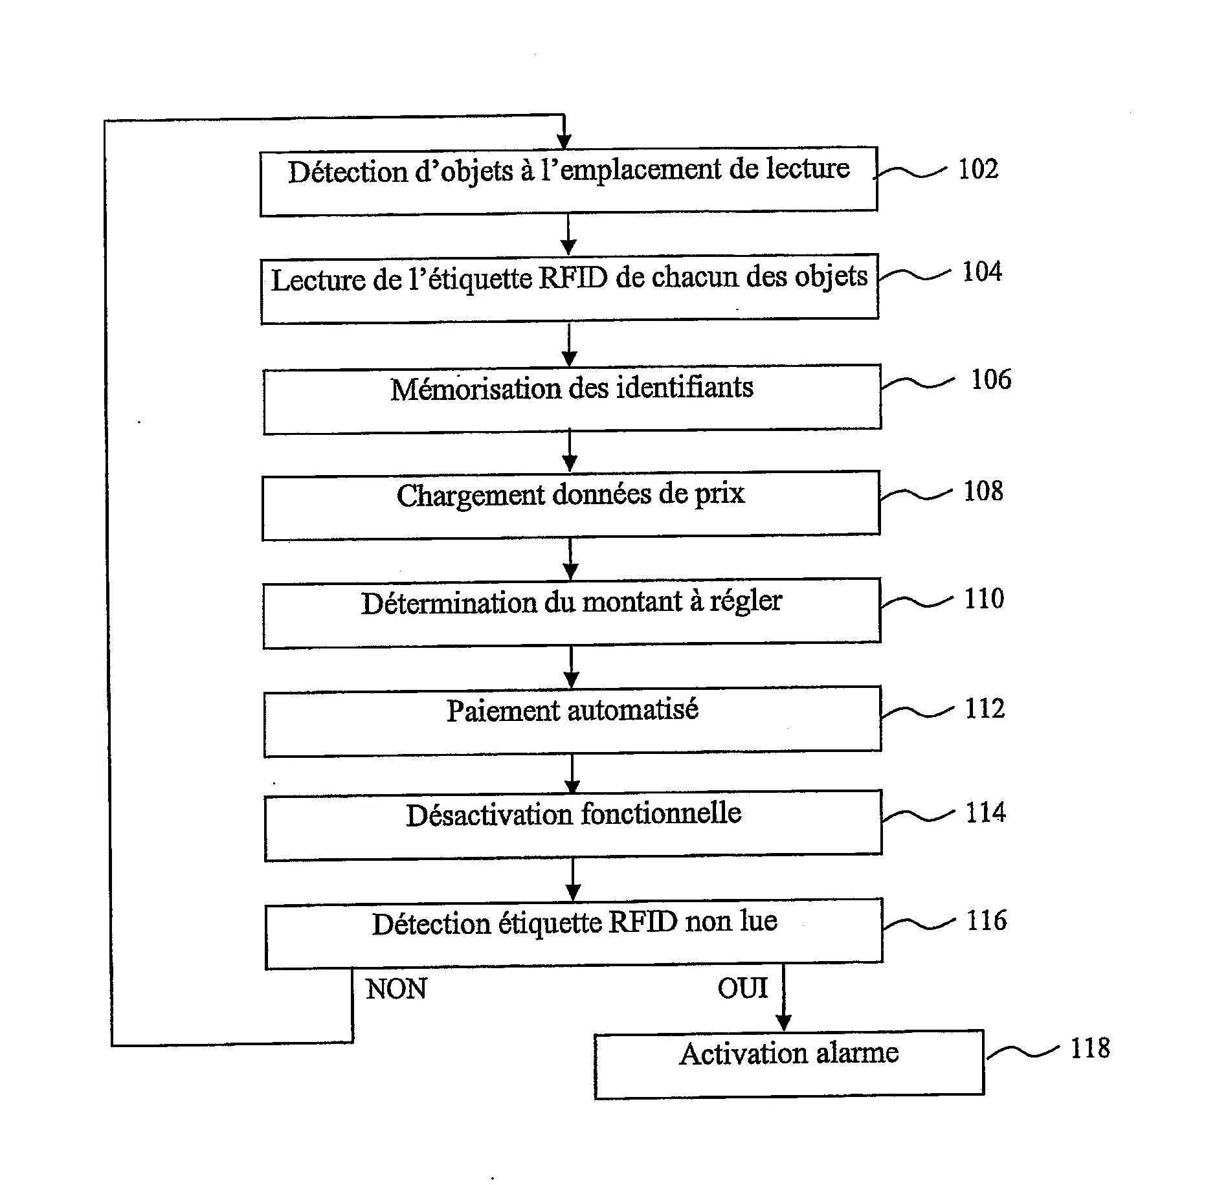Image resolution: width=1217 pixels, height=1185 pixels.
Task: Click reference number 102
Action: [x=977, y=169]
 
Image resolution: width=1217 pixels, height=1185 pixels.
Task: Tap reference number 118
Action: [x=1089, y=1048]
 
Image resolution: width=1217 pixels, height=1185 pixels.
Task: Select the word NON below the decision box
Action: [x=396, y=990]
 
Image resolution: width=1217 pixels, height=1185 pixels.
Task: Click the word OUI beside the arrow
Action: [x=742, y=988]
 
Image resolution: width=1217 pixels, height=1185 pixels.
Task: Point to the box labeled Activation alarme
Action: [x=788, y=1064]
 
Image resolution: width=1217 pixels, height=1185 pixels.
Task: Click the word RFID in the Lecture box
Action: [x=573, y=278]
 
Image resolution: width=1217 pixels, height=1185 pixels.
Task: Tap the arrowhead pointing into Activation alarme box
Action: [x=783, y=1023]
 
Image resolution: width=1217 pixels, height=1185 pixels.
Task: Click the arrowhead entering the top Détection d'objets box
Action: [x=564, y=142]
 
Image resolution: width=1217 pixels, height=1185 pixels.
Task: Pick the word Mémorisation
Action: [x=476, y=389]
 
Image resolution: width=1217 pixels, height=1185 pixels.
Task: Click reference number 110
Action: [x=983, y=599]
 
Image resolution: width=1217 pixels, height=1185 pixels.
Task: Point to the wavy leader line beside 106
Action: [x=917, y=383]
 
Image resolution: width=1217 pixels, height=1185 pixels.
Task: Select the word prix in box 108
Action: [x=719, y=494]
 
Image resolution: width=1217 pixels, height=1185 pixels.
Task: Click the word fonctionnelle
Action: [x=661, y=814]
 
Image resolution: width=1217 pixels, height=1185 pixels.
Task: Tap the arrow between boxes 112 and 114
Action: [x=572, y=773]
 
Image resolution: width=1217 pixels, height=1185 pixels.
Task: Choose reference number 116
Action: [x=986, y=920]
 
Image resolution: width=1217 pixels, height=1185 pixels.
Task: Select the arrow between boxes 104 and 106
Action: [x=569, y=345]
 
